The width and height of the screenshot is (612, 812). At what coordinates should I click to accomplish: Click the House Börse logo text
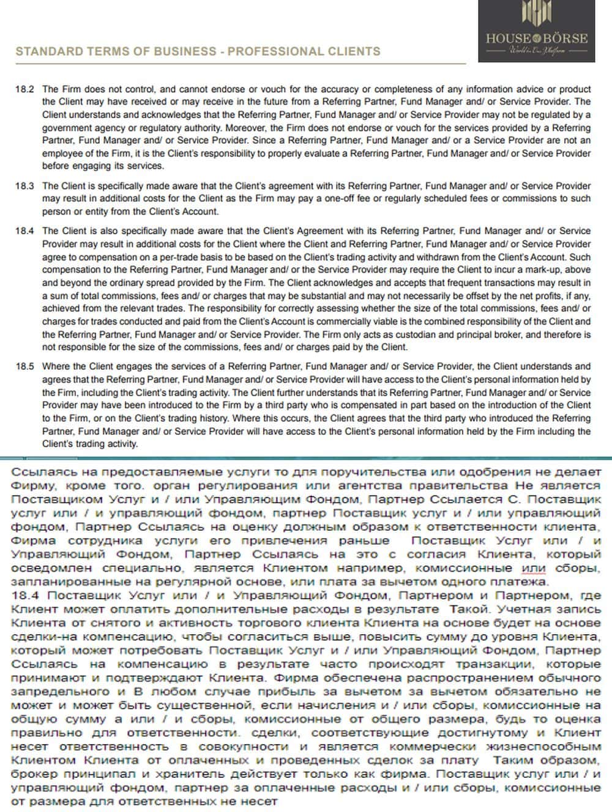click(x=537, y=38)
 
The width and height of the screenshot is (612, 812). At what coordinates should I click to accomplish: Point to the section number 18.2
click(x=24, y=89)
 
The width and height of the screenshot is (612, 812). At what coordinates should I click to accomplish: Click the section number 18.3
click(x=24, y=186)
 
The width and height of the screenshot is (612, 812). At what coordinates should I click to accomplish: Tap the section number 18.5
click(x=24, y=367)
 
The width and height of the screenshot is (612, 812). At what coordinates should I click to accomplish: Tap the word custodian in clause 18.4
click(x=450, y=334)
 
